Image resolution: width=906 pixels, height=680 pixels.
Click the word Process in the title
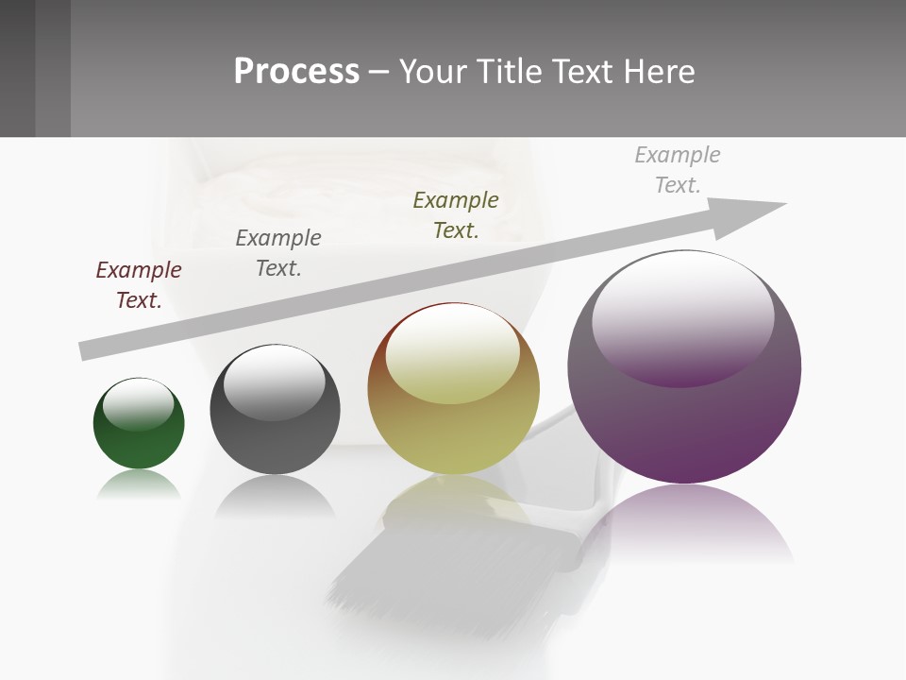coord(296,71)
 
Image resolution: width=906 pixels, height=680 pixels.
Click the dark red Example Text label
coord(139,284)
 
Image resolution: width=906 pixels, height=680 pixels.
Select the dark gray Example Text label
coord(278,252)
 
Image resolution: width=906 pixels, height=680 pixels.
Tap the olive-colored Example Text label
coord(456,214)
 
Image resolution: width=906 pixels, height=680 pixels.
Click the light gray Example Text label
coord(678,169)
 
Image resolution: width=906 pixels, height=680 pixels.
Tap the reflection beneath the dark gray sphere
coord(275,495)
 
